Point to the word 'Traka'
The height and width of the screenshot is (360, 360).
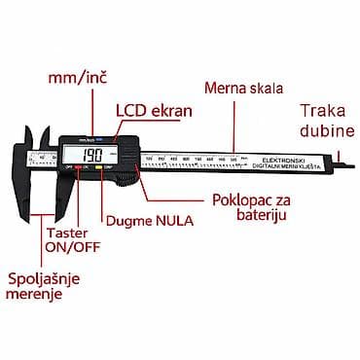[x=322, y=110]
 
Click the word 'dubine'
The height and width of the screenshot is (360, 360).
[x=324, y=130]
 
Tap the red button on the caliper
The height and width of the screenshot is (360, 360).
[x=72, y=172]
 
